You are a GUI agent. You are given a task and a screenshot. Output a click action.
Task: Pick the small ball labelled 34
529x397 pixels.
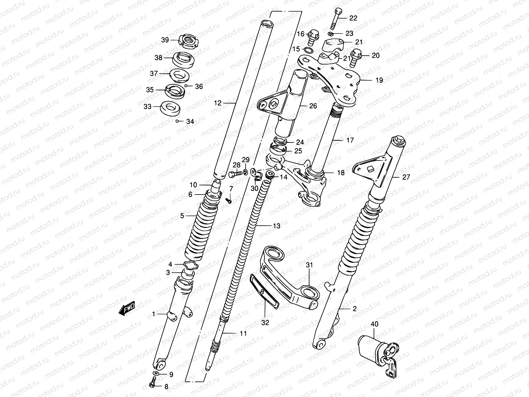tap(178, 121)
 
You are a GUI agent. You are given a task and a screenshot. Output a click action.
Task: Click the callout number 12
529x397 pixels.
tap(217, 103)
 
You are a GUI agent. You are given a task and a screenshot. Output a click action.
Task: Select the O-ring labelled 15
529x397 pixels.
tap(308, 50)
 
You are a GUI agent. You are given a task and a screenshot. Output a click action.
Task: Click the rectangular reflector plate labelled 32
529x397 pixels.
tap(264, 291)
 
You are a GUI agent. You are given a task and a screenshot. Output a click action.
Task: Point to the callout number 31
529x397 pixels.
tap(309, 265)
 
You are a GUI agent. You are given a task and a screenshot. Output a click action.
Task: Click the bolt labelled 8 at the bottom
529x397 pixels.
tap(152, 385)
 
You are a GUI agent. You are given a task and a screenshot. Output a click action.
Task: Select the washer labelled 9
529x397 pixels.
tap(156, 374)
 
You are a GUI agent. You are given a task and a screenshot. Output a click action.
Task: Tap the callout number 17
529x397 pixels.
tap(350, 140)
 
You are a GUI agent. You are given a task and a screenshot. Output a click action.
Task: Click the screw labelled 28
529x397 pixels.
tap(234, 174)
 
